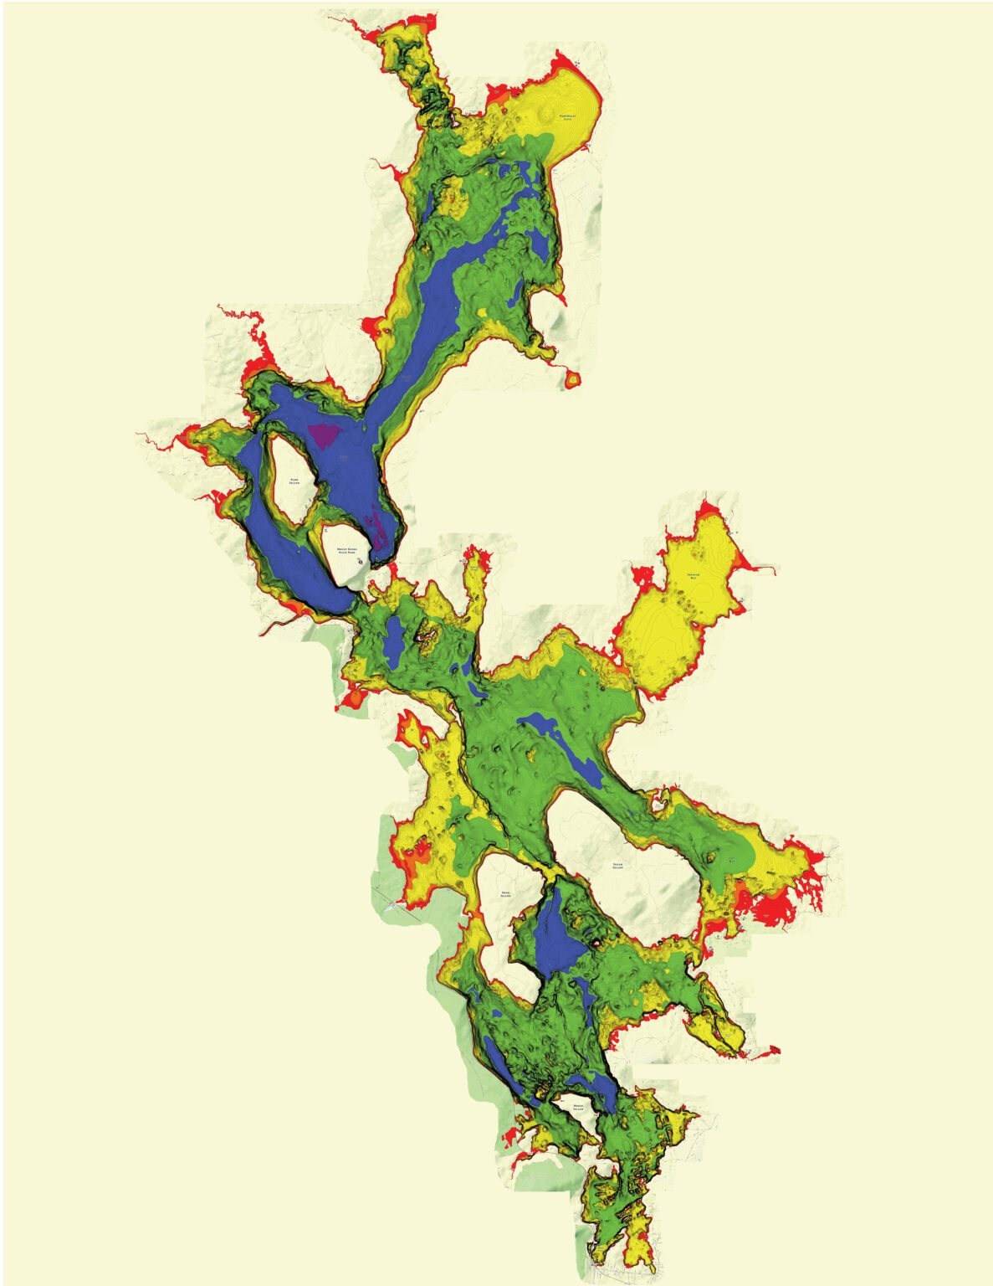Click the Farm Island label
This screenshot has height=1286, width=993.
pos(294,481)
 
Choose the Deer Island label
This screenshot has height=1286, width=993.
pos(505,893)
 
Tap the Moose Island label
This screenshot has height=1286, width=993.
pos(583,1107)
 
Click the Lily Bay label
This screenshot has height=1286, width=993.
pos(731,860)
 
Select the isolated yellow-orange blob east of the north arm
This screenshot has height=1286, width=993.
pos(572,379)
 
